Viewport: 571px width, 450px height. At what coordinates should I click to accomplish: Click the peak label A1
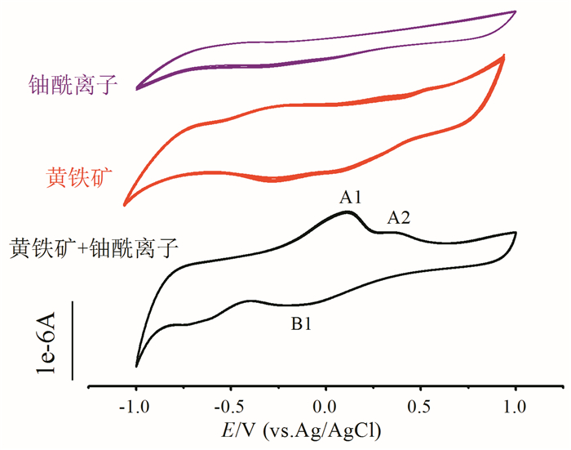[351, 197]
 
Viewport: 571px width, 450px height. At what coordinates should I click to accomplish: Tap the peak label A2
[399, 217]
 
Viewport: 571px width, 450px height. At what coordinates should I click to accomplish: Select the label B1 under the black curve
[302, 323]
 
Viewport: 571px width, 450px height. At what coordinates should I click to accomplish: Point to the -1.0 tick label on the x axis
[135, 407]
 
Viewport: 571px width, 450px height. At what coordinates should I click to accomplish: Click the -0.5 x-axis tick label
[230, 407]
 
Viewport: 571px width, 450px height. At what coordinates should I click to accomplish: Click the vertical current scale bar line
[73, 341]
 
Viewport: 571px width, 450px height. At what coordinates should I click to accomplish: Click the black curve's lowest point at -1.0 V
[136, 367]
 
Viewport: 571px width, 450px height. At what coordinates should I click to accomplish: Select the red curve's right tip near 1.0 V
[504, 56]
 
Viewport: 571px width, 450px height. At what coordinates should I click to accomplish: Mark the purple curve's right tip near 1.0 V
[516, 11]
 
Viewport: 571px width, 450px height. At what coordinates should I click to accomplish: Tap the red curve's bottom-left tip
[125, 204]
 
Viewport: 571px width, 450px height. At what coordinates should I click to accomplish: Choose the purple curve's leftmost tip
[136, 87]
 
